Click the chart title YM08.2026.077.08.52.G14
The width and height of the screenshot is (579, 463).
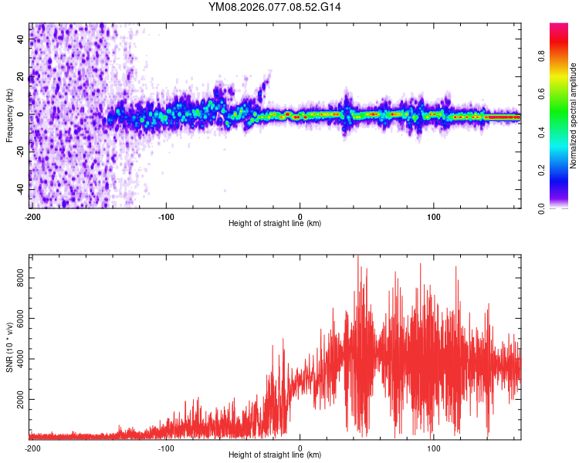[275, 7]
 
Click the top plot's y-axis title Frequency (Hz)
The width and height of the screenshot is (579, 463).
[9, 116]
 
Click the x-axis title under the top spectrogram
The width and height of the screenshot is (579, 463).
[275, 224]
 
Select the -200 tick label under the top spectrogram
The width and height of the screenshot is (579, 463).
[32, 216]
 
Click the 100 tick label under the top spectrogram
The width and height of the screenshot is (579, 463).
[434, 216]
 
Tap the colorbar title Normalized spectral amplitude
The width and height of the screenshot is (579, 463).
[573, 116]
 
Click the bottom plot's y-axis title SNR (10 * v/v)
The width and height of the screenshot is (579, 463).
[9, 347]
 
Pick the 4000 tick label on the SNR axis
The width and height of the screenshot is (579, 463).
[18, 360]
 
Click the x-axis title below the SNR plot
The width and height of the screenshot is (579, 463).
[275, 455]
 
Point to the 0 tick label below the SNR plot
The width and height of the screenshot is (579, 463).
[300, 448]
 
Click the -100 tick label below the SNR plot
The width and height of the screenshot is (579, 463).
[166, 448]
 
